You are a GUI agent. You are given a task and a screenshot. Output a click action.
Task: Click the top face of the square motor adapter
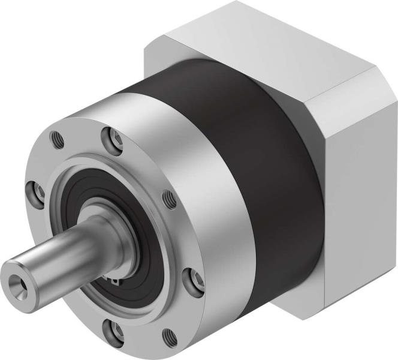(252, 36)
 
